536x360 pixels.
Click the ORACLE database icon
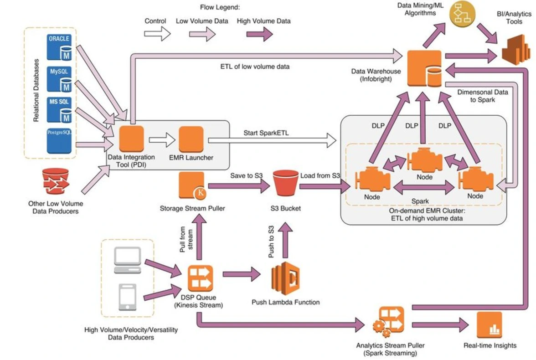tap(59, 47)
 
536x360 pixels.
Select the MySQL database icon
tap(59, 79)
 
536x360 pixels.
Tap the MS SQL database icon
tap(59, 109)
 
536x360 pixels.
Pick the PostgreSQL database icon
tap(59, 140)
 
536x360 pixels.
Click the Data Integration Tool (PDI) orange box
tap(131, 139)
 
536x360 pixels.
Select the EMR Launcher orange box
tap(191, 139)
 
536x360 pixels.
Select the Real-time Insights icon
tap(489, 324)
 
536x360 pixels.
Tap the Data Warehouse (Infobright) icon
tap(424, 69)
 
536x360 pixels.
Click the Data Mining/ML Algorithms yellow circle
tap(463, 14)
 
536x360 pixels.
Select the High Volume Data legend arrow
tap(259, 34)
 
